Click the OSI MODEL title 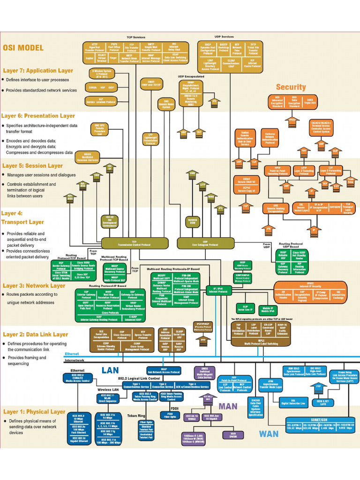click(23, 48)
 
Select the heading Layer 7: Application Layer click(38, 71)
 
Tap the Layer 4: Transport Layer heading click(23, 217)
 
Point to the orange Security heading click(291, 87)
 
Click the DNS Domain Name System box click(166, 105)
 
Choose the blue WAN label click(269, 434)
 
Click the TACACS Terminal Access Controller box click(323, 127)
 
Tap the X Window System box click(101, 74)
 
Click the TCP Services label click(136, 37)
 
